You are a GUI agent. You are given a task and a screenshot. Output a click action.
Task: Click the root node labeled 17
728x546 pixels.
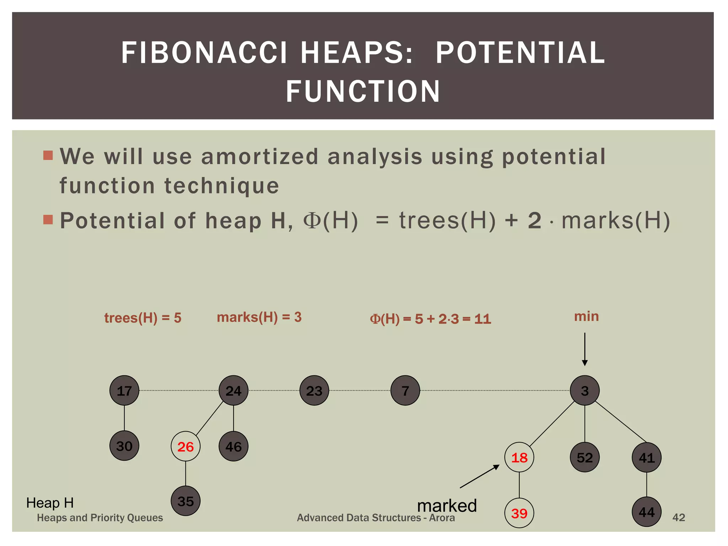[124, 390]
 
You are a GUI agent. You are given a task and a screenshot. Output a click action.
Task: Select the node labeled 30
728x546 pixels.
[124, 446]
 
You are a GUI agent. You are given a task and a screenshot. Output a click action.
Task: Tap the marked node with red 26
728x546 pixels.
[186, 446]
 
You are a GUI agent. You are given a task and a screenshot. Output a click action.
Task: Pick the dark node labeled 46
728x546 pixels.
[234, 446]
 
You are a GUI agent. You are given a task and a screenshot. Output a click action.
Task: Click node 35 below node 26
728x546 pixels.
[186, 501]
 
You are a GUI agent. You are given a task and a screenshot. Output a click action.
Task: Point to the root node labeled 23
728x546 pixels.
[314, 391]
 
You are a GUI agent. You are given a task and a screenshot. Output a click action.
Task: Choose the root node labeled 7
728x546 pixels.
[405, 390]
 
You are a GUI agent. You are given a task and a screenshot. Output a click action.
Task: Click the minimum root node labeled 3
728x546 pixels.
[585, 390]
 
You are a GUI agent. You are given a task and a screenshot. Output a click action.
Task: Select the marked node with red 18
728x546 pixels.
[519, 457]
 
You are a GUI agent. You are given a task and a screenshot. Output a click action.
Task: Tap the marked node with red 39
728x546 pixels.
[519, 513]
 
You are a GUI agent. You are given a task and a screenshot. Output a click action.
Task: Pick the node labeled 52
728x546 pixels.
[585, 457]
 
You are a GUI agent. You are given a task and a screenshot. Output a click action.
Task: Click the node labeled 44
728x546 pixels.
[647, 512]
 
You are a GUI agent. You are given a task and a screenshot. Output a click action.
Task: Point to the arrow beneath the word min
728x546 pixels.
[585, 349]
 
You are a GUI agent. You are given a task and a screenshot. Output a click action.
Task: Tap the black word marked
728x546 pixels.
[447, 505]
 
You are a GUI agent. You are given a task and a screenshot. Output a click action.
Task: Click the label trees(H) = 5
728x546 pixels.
[143, 317]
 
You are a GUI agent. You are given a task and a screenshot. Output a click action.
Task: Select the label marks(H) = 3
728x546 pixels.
[259, 317]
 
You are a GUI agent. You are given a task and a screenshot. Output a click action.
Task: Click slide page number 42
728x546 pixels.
[679, 517]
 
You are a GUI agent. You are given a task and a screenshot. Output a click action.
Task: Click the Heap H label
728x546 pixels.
[50, 503]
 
